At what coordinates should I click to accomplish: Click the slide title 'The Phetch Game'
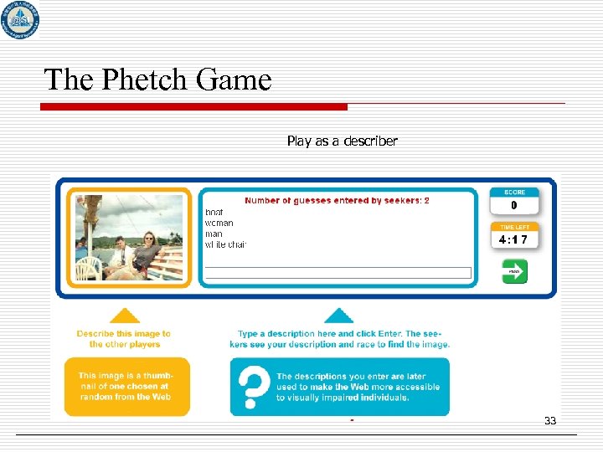coord(157,80)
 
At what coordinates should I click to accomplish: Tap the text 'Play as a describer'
coord(342,141)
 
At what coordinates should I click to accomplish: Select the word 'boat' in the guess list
coord(214,212)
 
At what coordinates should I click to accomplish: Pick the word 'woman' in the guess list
coord(219,223)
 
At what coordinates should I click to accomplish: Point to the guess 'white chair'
coord(226,244)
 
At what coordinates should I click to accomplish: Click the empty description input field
coord(338,273)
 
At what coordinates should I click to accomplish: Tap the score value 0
coord(514,206)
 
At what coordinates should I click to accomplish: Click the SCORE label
coord(514,193)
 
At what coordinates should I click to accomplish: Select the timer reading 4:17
coord(513,239)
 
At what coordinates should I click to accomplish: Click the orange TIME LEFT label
coord(514,227)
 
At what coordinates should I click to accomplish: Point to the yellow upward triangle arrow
coord(125,316)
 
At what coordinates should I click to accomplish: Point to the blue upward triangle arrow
coord(338,316)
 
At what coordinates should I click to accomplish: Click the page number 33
coord(549,420)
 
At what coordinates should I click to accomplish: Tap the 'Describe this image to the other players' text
coord(124,338)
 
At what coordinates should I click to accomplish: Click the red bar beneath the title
coord(194,107)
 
